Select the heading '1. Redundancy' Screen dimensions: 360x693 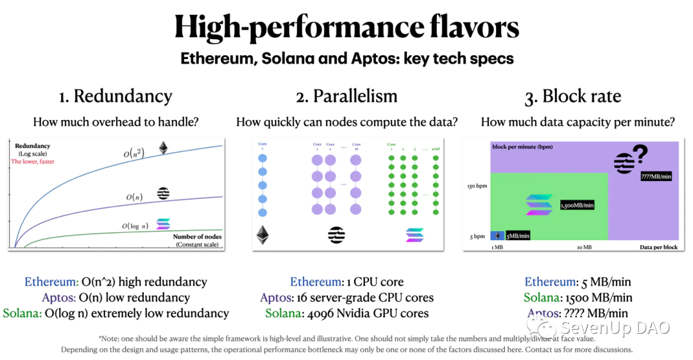(x=116, y=96)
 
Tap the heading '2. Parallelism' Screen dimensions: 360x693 (x=346, y=96)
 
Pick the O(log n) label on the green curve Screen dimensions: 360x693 (x=135, y=226)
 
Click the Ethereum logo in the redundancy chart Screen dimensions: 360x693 (x=165, y=148)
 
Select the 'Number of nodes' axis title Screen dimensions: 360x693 (x=197, y=237)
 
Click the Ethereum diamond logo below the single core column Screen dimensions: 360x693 (x=262, y=235)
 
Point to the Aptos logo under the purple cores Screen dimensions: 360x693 (x=337, y=235)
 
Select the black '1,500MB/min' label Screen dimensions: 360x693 (x=577, y=205)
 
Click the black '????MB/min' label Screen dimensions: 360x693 (x=656, y=176)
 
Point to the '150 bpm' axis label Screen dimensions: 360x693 (x=477, y=186)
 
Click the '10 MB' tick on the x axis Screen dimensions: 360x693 (x=583, y=247)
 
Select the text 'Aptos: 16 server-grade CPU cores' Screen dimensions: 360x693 (x=346, y=298)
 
